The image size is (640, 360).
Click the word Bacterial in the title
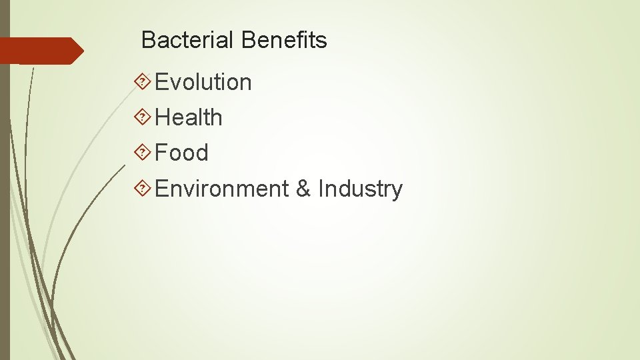(188, 41)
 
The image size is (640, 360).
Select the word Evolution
(203, 83)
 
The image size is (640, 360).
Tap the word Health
(189, 118)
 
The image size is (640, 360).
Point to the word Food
(181, 153)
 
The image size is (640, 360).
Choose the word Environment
(221, 189)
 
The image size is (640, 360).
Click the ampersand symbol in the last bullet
(303, 189)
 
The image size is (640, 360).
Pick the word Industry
(360, 189)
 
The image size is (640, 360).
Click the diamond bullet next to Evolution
(141, 81)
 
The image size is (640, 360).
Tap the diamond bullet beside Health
(141, 117)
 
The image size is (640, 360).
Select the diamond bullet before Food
(141, 152)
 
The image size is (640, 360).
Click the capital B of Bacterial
(148, 41)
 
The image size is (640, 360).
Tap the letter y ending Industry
(397, 191)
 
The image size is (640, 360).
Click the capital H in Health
(163, 118)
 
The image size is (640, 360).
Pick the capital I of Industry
(321, 189)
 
